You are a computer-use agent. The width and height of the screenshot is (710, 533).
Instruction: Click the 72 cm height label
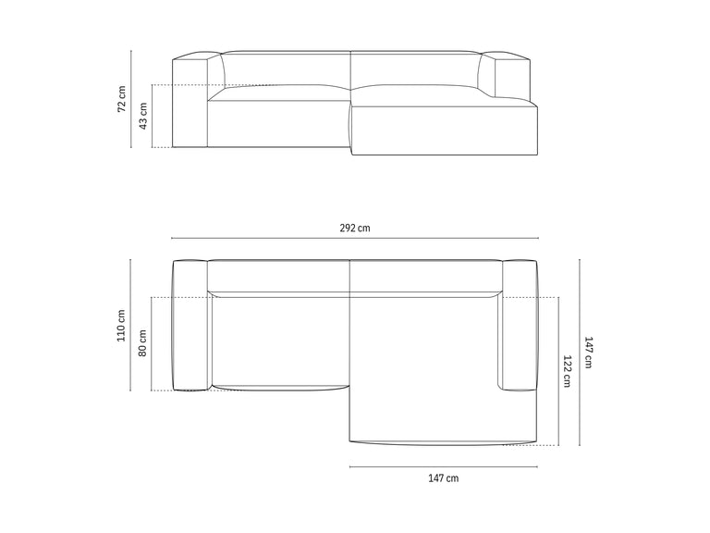pos(122,99)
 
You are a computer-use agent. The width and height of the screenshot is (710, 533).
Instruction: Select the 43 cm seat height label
pos(143,116)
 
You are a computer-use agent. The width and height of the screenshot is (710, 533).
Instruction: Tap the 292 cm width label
pos(355,228)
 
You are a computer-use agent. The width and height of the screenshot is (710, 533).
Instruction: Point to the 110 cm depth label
pos(121,326)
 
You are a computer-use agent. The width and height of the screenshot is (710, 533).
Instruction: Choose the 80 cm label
pos(142,343)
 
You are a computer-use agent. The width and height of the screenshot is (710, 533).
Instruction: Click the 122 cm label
pos(567,371)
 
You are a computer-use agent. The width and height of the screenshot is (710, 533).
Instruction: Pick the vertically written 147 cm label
pos(588,353)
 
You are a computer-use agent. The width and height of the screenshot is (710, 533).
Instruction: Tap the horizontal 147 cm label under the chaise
pos(444,478)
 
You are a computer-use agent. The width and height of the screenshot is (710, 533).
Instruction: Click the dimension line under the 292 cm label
pos(355,238)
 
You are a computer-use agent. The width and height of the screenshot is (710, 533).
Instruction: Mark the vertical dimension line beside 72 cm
pos(131,99)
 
